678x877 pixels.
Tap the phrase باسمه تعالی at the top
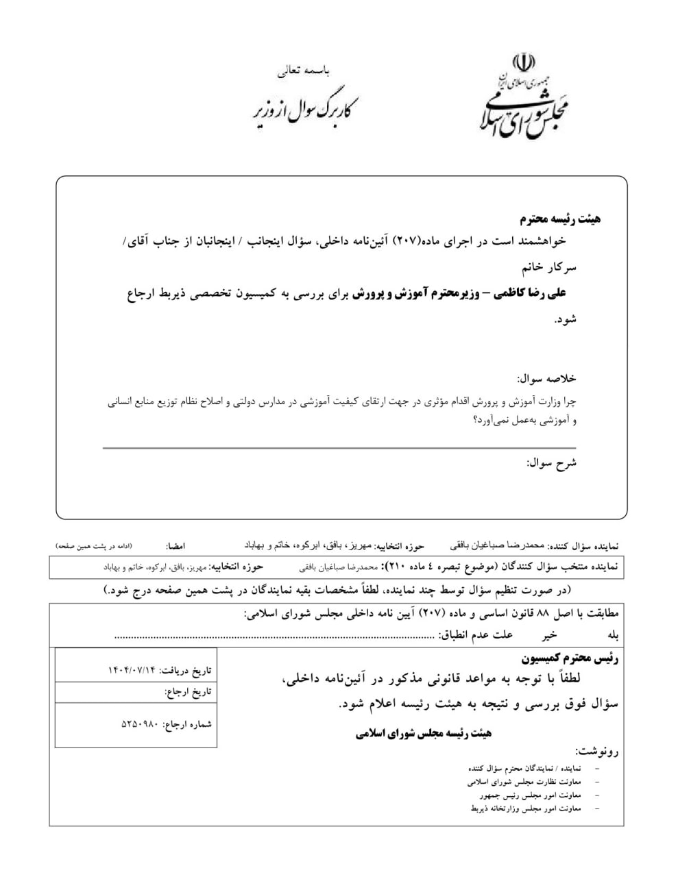click(305, 71)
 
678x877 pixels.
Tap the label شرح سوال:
click(552, 462)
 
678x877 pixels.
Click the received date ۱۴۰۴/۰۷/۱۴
click(133, 669)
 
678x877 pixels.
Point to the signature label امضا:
click(175, 547)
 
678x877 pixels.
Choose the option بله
click(611, 635)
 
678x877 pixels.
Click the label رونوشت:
click(596, 751)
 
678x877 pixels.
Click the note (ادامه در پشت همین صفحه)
click(94, 546)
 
